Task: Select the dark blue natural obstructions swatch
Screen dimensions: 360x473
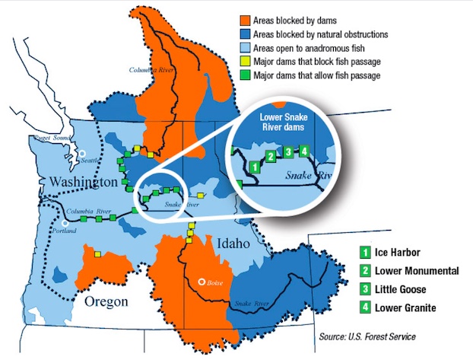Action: (246, 33)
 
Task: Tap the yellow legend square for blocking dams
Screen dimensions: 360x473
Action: (246, 61)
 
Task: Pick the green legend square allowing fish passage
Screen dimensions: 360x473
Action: (246, 75)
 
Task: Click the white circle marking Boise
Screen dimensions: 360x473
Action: (202, 280)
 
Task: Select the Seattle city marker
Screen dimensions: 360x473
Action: (82, 154)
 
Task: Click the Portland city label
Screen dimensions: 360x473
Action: (65, 230)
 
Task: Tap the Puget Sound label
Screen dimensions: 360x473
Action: (52, 139)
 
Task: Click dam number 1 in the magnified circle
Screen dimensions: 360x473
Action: (255, 165)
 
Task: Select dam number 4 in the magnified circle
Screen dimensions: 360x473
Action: (304, 151)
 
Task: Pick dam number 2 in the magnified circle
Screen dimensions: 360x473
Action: (270, 157)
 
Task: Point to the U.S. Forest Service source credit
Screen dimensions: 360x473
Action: (368, 336)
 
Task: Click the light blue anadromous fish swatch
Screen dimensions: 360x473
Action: (246, 47)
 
